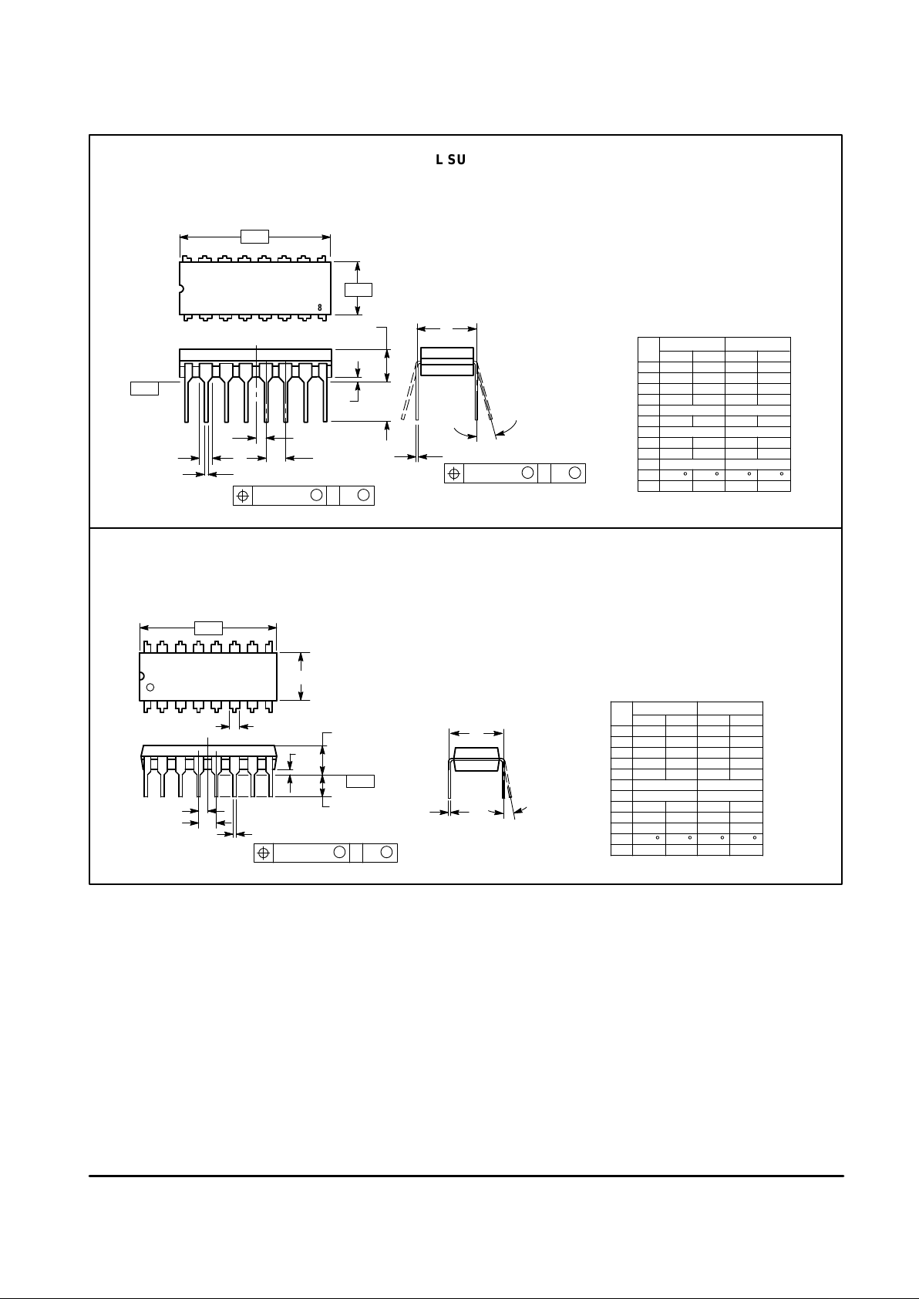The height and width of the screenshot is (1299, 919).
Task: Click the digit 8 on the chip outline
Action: click(x=320, y=308)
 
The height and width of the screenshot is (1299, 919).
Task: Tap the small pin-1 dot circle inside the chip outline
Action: click(x=150, y=687)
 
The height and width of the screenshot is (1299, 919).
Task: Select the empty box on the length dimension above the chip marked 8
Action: click(x=254, y=236)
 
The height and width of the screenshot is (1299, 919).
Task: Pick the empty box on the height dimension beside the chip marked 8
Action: click(x=358, y=289)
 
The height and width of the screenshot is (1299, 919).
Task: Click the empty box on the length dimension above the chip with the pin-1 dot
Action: click(x=208, y=628)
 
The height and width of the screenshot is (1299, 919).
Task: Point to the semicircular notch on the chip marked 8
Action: click(x=181, y=290)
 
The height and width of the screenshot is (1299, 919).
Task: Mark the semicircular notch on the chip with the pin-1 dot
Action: click(x=141, y=676)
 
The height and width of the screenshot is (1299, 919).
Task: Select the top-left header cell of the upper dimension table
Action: click(x=648, y=349)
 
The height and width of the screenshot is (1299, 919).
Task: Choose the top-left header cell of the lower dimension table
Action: click(x=621, y=714)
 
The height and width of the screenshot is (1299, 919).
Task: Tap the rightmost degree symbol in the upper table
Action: click(x=782, y=473)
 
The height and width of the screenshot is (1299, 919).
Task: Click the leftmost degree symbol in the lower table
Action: click(x=657, y=837)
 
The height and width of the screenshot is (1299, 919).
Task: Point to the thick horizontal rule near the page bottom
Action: click(x=466, y=1176)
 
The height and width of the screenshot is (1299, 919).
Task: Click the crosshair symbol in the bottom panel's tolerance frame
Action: click(x=264, y=853)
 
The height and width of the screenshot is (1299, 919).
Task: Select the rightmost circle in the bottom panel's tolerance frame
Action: click(x=387, y=853)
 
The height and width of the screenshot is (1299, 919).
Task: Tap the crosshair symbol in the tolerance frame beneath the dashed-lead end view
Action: click(x=454, y=473)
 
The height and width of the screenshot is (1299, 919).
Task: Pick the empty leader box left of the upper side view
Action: click(x=144, y=388)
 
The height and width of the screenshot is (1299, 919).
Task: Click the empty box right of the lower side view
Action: click(x=360, y=781)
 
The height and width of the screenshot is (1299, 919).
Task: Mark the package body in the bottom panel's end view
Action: click(x=478, y=759)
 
